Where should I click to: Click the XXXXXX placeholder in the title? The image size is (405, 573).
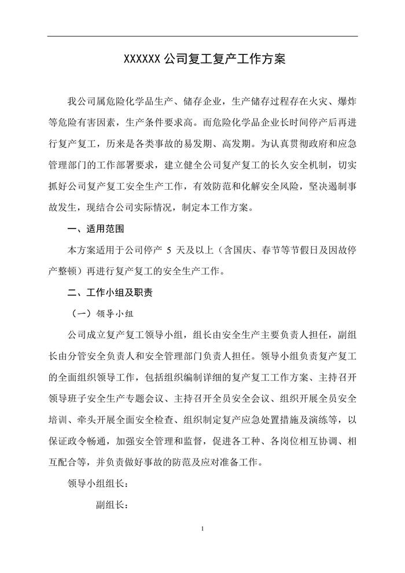[x=143, y=60]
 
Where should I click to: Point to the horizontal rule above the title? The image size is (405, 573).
[x=203, y=36]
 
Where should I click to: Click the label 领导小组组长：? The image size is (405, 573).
[x=98, y=483]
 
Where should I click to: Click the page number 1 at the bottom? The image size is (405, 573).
[x=203, y=529]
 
